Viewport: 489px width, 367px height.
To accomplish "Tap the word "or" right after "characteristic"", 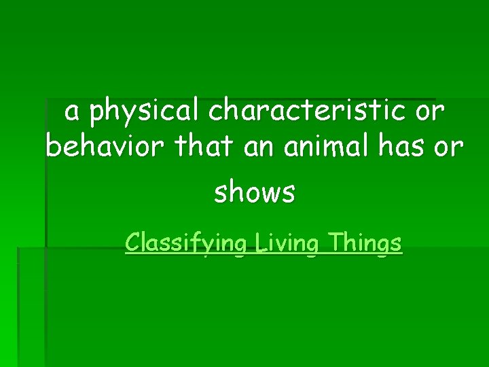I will (x=431, y=111).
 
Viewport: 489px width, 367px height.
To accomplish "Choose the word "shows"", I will (x=255, y=193).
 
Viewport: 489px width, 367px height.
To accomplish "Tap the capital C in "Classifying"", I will (x=132, y=242).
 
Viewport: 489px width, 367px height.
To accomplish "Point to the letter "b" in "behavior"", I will (x=53, y=145).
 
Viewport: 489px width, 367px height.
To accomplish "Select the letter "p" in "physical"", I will (x=97, y=114).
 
